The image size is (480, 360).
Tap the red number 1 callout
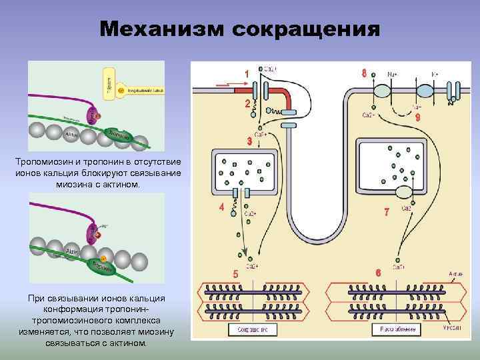pyautogui.click(x=247, y=73)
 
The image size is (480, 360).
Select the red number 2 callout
pyautogui.click(x=247, y=104)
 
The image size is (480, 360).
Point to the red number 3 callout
pyautogui.click(x=249, y=141)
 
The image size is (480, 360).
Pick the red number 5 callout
pyautogui.click(x=235, y=274)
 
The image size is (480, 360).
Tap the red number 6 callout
pyautogui.click(x=378, y=273)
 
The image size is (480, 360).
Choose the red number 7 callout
pyautogui.click(x=386, y=214)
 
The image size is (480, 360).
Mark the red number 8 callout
pyautogui.click(x=363, y=73)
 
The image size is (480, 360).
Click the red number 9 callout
pyautogui.click(x=417, y=117)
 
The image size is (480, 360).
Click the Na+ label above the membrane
pyautogui.click(x=393, y=73)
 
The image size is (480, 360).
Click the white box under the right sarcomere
pyautogui.click(x=395, y=329)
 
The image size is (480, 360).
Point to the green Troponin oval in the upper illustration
pyautogui.click(x=122, y=135)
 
